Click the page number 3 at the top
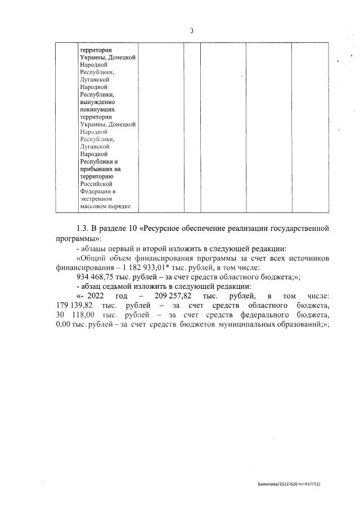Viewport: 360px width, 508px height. click(x=191, y=31)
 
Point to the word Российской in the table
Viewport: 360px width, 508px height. click(x=96, y=183)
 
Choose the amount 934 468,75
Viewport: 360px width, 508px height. click(x=97, y=276)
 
